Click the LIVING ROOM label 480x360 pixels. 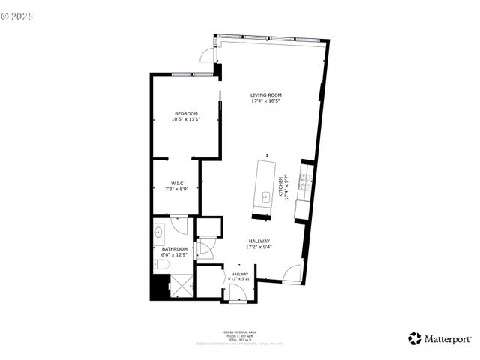[266, 95]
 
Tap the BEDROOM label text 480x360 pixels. [186, 113]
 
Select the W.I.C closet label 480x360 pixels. [178, 184]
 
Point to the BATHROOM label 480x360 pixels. [175, 249]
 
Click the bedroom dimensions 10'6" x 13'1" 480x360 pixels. [186, 119]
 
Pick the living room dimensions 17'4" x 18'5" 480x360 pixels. [266, 101]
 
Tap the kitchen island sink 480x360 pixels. [265, 199]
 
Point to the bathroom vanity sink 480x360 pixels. [159, 233]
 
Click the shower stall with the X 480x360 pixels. [181, 286]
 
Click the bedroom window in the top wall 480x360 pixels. [184, 74]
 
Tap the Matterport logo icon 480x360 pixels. [414, 338]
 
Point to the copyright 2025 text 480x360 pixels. [19, 15]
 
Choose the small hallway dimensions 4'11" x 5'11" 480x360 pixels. [239, 280]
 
